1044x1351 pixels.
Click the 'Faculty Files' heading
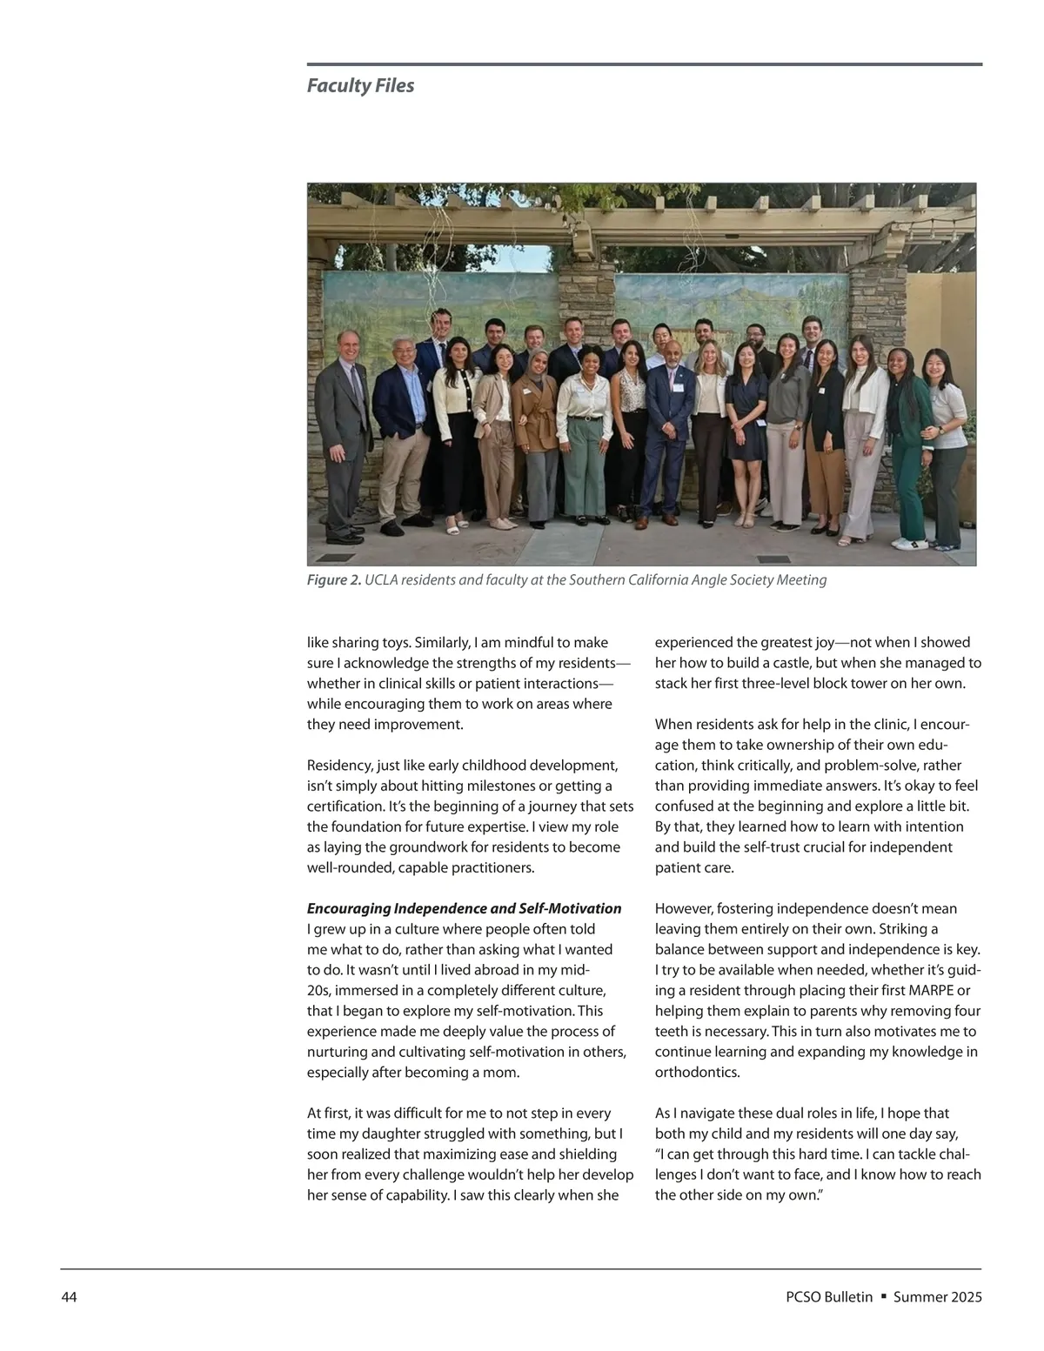point(360,86)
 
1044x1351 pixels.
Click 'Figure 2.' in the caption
point(333,580)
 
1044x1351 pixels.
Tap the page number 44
point(69,1297)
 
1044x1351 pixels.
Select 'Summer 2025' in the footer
point(938,1297)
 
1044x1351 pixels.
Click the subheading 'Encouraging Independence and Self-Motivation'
point(464,909)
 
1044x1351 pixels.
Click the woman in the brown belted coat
point(533,426)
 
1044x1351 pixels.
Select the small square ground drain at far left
point(334,558)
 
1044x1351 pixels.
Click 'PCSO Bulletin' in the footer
point(828,1297)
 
